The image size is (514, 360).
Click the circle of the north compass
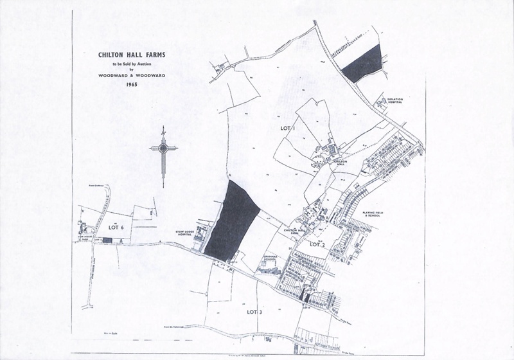pos(164,148)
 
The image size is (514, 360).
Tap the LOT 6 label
pos(116,228)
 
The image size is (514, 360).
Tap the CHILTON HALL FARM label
pos(293,231)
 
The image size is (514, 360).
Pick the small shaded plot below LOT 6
pos(108,240)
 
